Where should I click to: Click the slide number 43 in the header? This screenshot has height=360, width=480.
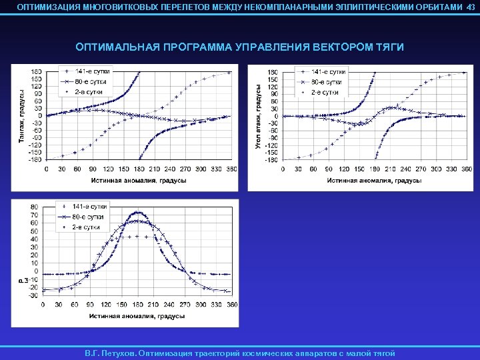pyautogui.click(x=471, y=6)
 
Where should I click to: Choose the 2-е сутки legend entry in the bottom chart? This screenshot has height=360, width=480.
pyautogui.click(x=83, y=227)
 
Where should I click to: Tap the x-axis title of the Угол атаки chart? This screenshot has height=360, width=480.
pyautogui.click(x=374, y=179)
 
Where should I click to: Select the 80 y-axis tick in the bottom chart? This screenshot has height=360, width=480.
pyautogui.click(x=34, y=207)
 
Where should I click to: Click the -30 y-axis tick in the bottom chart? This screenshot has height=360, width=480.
pyautogui.click(x=33, y=295)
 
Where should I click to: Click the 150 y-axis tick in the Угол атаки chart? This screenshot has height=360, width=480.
pyautogui.click(x=273, y=79)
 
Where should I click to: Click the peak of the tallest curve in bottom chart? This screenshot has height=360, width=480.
pyautogui.click(x=137, y=212)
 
